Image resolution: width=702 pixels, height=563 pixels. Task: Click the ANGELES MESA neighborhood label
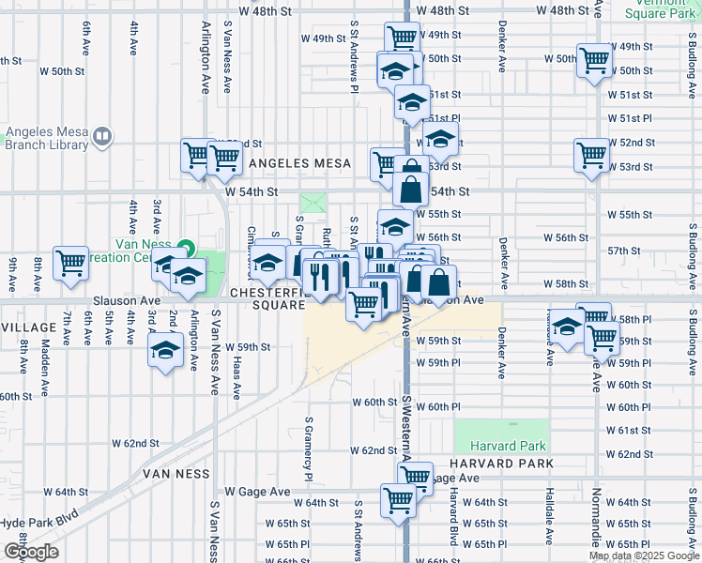point(294,163)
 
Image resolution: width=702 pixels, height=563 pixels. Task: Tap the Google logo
point(31,552)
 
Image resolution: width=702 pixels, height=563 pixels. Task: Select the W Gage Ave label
point(259,492)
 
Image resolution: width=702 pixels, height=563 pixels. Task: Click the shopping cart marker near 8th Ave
point(70,264)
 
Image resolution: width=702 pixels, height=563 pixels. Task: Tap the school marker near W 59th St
point(166,351)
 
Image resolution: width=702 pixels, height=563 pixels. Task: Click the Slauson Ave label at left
point(127,301)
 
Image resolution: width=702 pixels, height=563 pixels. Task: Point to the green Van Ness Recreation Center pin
point(186,250)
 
